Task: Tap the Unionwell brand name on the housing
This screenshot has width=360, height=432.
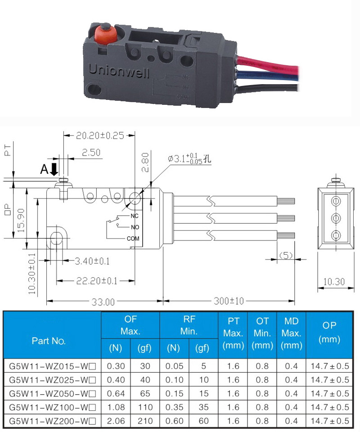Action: click(119, 71)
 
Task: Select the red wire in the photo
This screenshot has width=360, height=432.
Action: click(267, 64)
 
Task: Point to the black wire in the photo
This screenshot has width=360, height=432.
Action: click(267, 88)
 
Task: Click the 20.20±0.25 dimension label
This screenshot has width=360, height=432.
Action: click(100, 135)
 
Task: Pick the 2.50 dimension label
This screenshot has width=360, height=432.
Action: click(91, 153)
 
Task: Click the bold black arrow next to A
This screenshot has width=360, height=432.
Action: click(54, 169)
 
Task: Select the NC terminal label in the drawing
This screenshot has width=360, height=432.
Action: click(135, 216)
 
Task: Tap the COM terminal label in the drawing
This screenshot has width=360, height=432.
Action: click(133, 238)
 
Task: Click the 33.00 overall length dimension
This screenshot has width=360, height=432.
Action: click(103, 302)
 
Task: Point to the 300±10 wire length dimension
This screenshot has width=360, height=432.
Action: click(229, 301)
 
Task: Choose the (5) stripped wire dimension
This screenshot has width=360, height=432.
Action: click(286, 256)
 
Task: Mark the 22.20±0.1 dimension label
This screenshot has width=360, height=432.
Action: click(97, 281)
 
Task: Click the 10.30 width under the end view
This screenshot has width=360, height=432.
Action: click(334, 282)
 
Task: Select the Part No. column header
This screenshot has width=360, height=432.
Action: click(49, 341)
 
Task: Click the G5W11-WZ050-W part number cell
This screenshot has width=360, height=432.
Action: click(52, 394)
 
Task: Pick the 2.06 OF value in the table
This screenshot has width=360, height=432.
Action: click(116, 421)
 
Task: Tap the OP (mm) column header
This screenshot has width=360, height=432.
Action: click(329, 332)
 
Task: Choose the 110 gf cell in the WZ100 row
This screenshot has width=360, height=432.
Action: click(145, 407)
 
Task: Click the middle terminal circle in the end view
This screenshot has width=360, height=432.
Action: click(336, 218)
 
